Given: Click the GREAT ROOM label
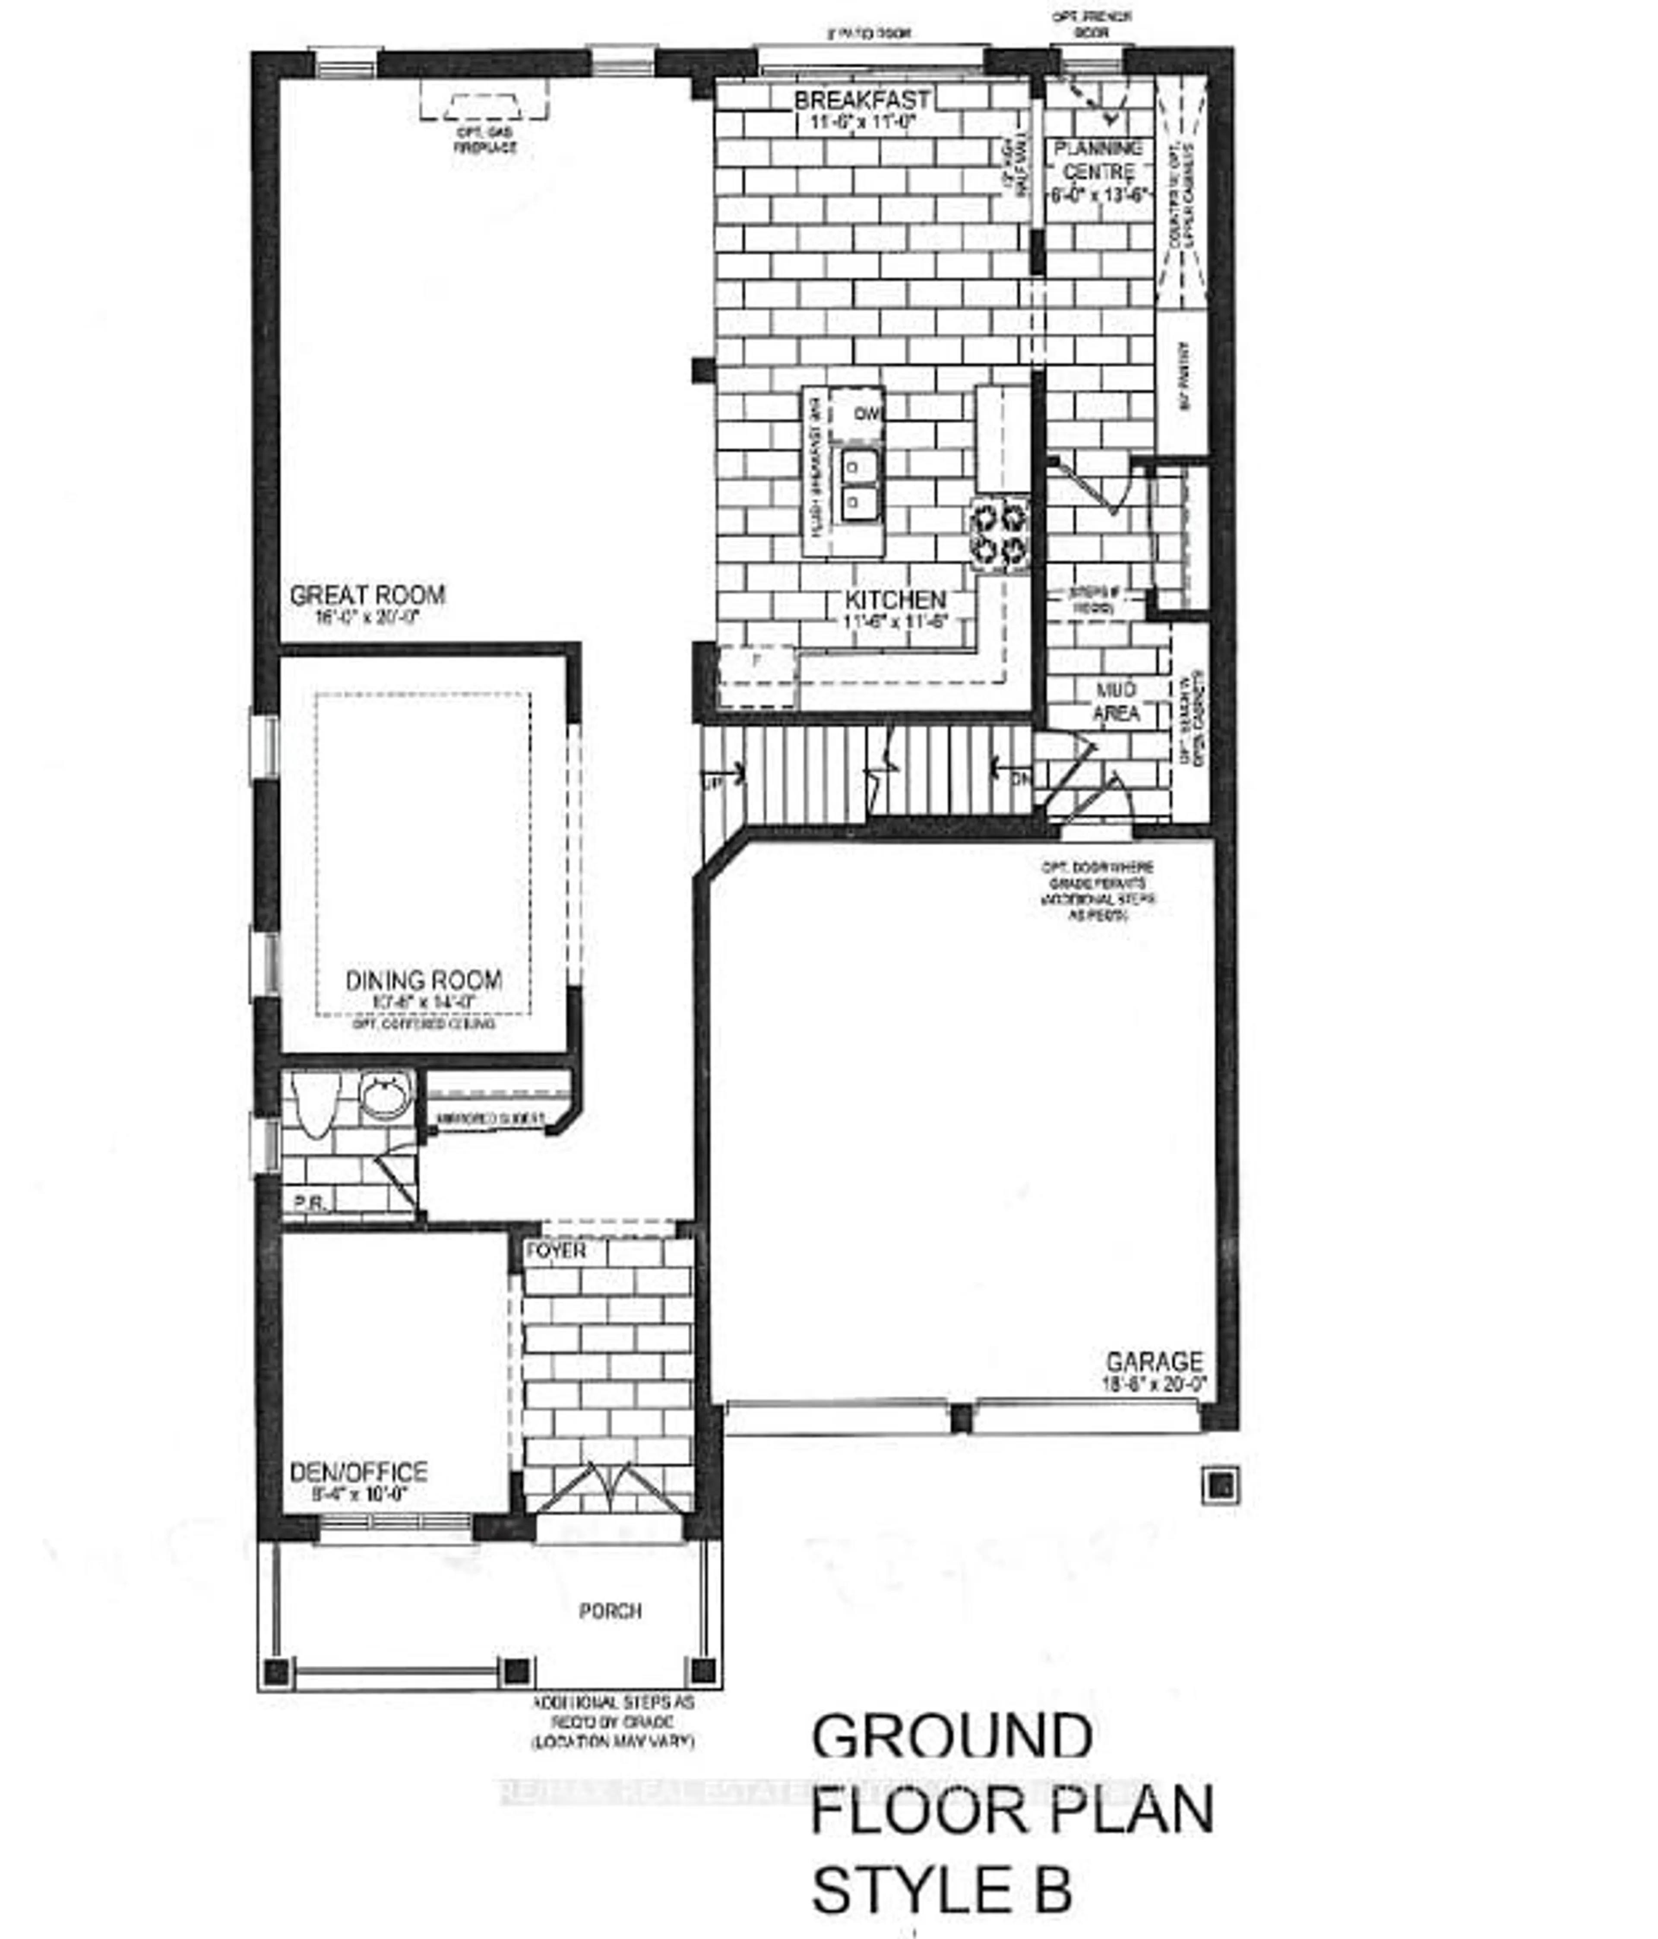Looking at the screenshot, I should pos(367,595).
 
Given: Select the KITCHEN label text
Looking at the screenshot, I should pos(895,600).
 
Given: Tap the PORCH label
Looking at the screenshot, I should pos(610,1611).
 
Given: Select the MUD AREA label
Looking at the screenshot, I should pos(1116,702).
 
